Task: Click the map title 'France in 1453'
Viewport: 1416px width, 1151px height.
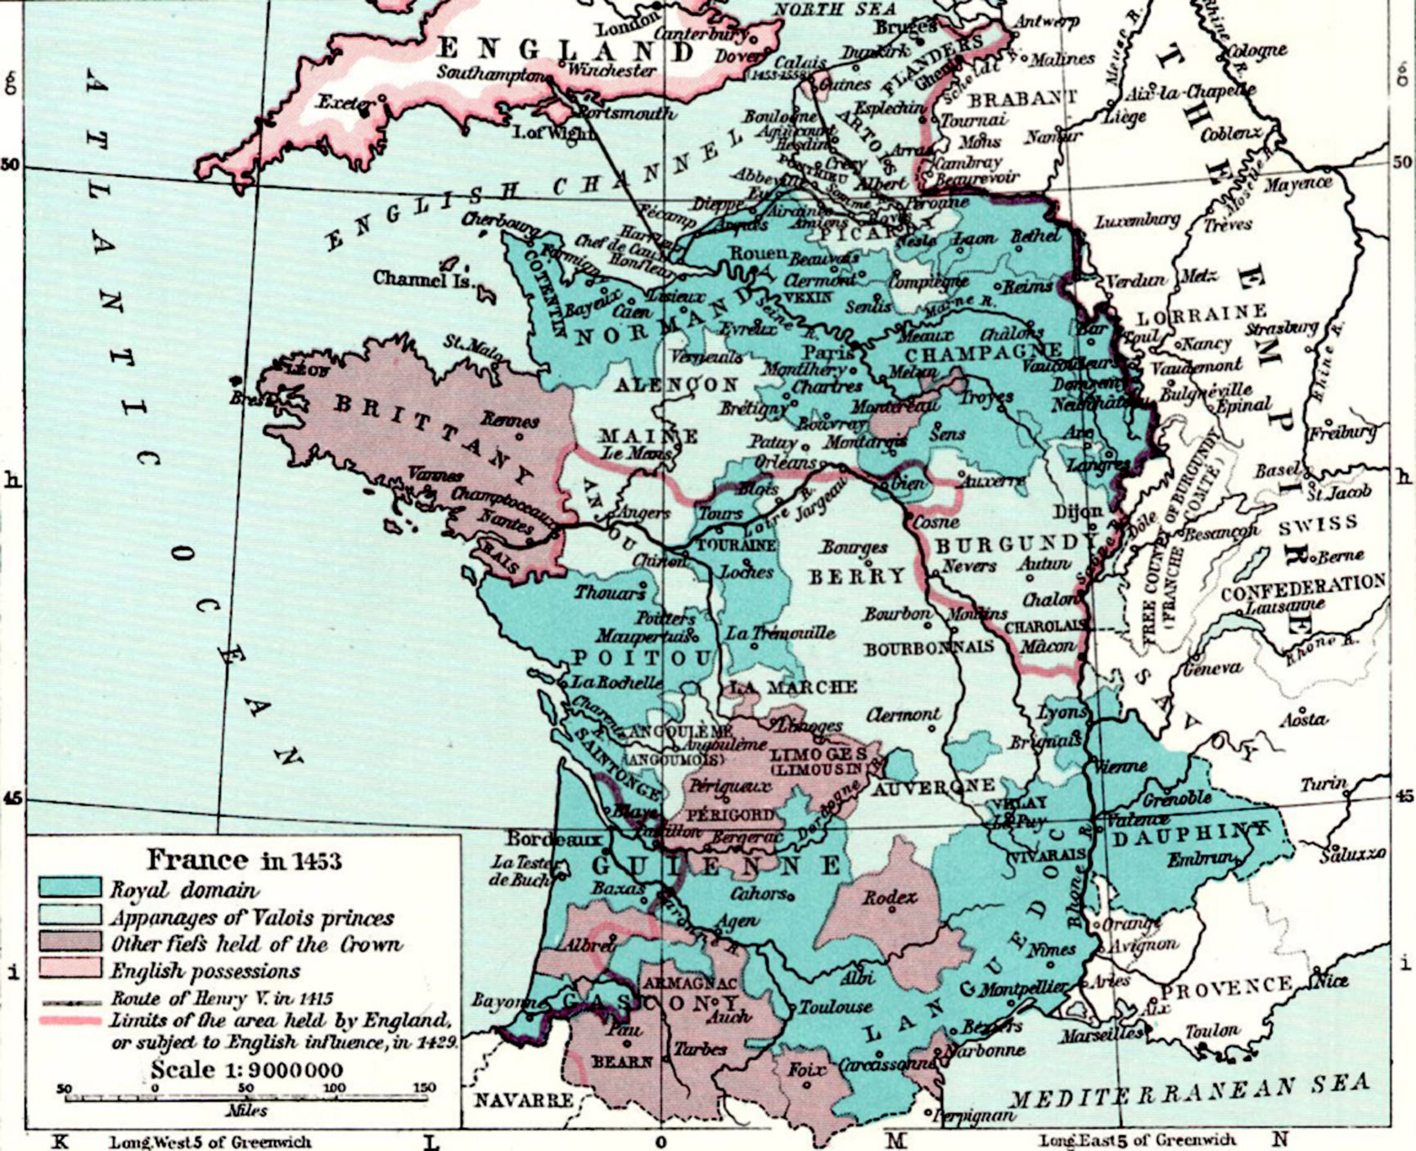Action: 244,860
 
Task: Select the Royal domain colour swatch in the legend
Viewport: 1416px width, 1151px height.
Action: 70,888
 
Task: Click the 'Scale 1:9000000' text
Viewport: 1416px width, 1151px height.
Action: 246,1070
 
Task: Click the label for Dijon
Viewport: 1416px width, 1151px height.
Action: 1078,512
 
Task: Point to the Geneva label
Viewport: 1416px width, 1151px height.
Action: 1212,669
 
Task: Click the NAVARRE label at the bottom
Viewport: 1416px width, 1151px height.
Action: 524,1100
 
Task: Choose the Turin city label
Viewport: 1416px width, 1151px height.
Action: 1324,784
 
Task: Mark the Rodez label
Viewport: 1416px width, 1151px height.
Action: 890,898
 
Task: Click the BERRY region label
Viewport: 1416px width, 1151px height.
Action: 857,577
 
